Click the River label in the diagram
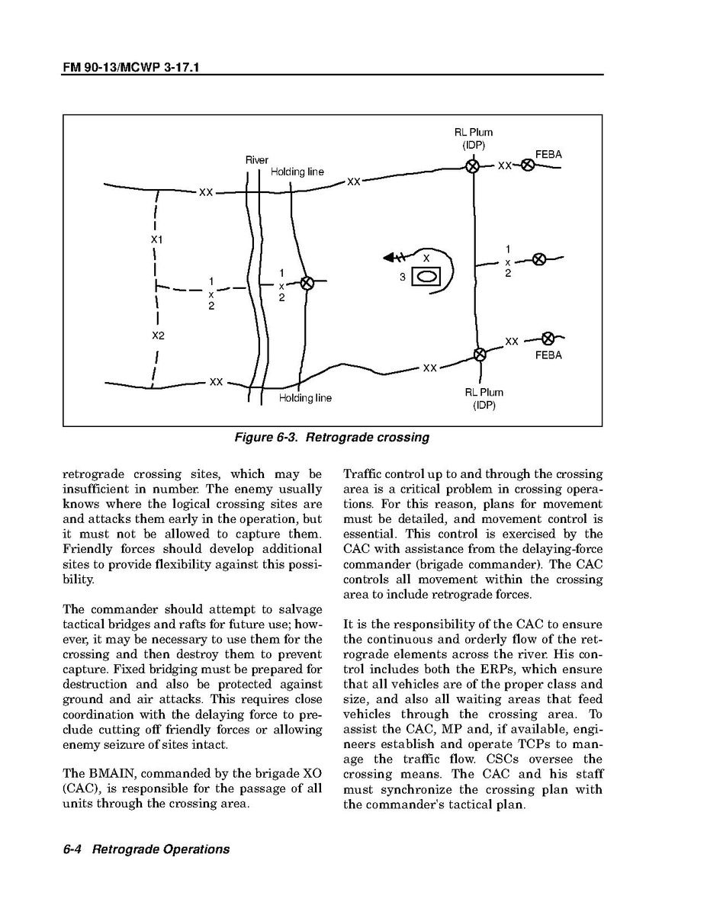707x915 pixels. tap(257, 160)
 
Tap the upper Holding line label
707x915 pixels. tap(297, 172)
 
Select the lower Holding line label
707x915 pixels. tap(305, 398)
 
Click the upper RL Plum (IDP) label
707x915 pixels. tap(474, 139)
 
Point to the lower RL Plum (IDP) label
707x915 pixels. tap(484, 399)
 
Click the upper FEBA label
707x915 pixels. tap(548, 154)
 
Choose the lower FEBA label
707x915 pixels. tap(548, 355)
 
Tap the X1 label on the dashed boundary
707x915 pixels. tap(156, 239)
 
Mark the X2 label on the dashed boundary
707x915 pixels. tap(158, 335)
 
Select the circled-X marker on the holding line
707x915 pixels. tap(307, 283)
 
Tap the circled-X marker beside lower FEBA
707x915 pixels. tap(548, 339)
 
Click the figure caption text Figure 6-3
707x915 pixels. tap(331, 438)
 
